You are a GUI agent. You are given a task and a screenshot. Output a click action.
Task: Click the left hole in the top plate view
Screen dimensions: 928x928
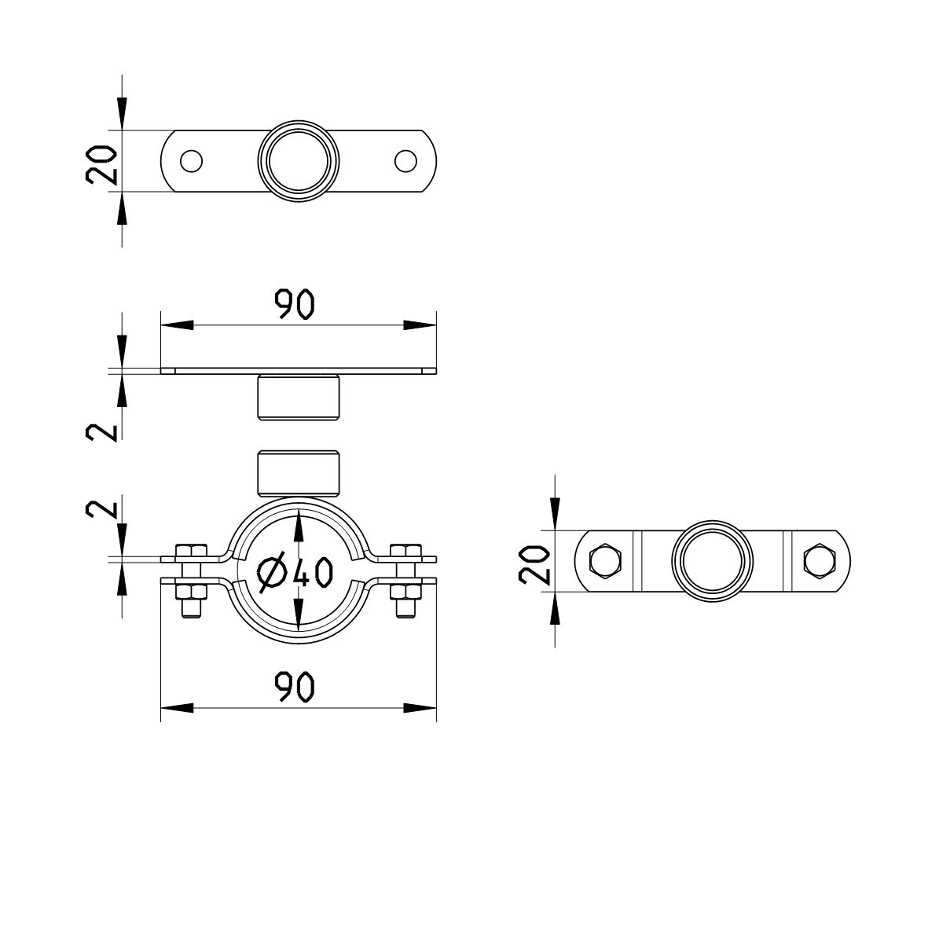click(x=191, y=161)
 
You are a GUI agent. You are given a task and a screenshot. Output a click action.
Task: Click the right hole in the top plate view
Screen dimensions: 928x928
click(x=405, y=161)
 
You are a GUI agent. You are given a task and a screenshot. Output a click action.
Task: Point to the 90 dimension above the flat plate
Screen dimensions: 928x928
click(x=294, y=304)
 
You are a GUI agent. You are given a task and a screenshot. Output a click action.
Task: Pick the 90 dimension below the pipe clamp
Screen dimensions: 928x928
click(x=295, y=687)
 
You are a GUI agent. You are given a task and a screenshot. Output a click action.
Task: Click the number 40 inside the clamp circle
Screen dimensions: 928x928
click(x=313, y=572)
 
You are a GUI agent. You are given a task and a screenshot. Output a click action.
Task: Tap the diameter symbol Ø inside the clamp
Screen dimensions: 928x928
click(x=273, y=572)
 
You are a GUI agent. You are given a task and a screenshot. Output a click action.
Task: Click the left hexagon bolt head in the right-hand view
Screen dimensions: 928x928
click(x=605, y=561)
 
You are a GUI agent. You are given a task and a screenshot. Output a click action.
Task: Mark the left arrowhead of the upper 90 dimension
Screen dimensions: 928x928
click(x=177, y=325)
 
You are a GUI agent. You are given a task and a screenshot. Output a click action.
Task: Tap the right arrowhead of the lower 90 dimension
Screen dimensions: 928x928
click(x=420, y=708)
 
